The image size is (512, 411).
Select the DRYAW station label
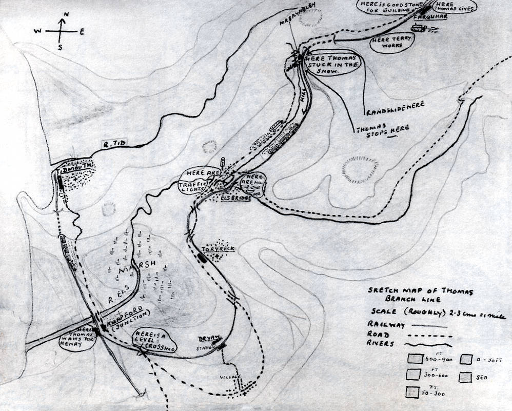(x=210, y=339)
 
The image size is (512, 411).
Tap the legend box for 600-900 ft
(x=413, y=358)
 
